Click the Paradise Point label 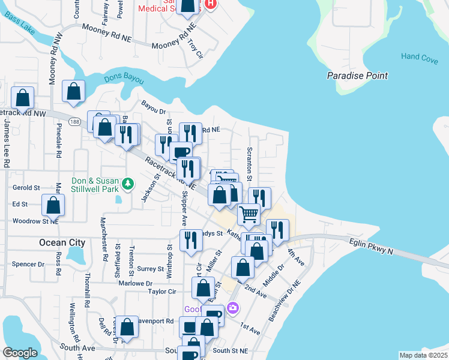point(357,76)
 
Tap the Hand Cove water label point(420,57)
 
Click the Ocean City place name point(62,243)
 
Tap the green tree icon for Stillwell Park point(127,182)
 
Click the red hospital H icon point(210,4)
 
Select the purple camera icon point(233,308)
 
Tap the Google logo point(20,353)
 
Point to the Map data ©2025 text point(423,355)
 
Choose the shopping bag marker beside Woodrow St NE point(53,205)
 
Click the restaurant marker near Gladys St point(191,240)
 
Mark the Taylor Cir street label point(162,292)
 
